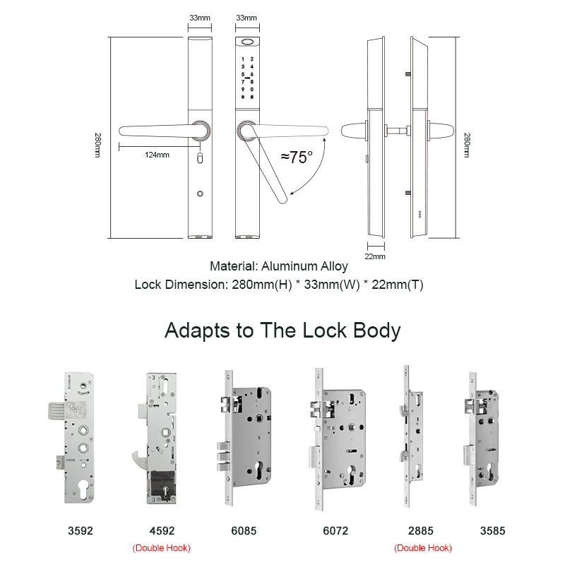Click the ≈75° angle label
[297, 157]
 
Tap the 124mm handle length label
[157, 155]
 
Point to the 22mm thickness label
[375, 256]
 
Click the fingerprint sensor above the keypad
[248, 42]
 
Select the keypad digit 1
[243, 59]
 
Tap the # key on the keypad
[252, 97]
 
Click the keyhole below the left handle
[200, 158]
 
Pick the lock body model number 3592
[81, 531]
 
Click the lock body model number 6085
[244, 531]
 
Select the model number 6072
[335, 531]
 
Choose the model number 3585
[492, 531]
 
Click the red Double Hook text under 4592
[162, 548]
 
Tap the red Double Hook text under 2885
[422, 548]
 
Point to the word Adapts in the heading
[197, 331]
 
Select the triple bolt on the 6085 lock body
[223, 456]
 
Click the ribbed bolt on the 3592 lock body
[56, 410]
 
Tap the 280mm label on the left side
[97, 145]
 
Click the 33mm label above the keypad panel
[246, 18]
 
